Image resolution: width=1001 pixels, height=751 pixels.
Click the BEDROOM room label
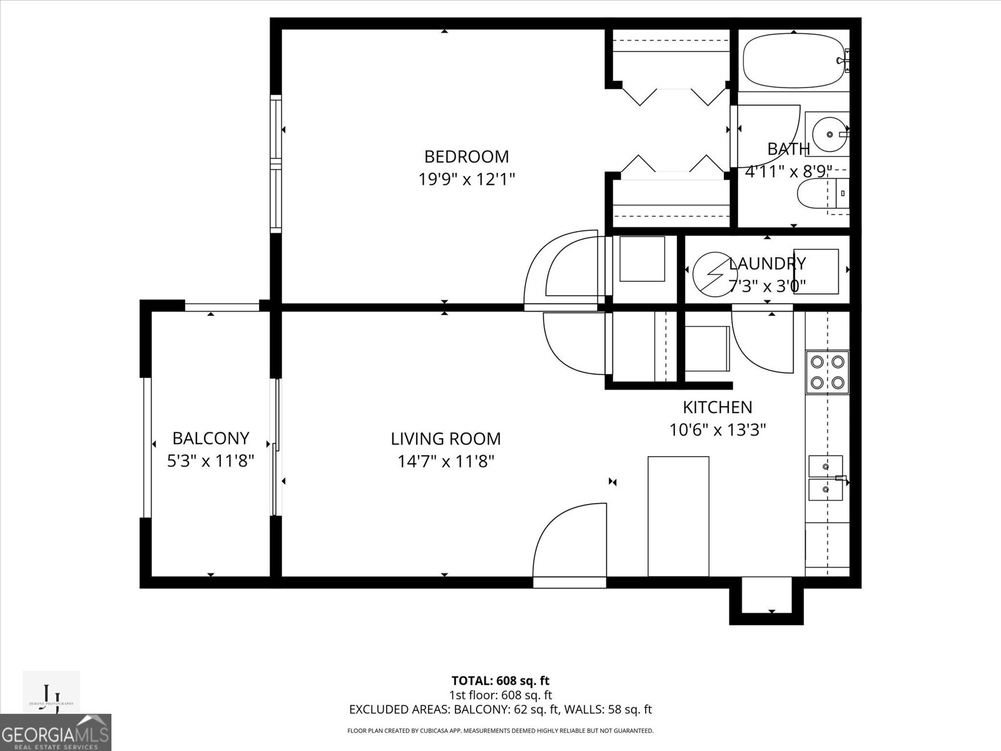[466, 156]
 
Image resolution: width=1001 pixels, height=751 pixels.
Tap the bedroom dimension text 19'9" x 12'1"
[466, 180]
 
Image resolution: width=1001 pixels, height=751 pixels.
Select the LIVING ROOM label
[445, 439]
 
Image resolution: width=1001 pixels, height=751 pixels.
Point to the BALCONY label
[211, 437]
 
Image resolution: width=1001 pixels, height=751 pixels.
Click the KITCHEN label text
[717, 407]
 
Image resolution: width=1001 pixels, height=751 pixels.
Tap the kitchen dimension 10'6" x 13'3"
[717, 430]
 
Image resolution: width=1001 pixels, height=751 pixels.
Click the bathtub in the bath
[792, 61]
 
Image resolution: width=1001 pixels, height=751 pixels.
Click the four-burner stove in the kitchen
[827, 372]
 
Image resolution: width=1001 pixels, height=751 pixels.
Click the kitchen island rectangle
[678, 516]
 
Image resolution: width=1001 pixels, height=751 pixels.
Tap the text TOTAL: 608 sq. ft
[500, 680]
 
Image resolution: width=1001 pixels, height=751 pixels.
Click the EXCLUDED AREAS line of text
[500, 709]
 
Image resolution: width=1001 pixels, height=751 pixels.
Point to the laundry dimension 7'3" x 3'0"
[767, 286]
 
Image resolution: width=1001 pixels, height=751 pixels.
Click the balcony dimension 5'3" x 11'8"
[211, 461]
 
